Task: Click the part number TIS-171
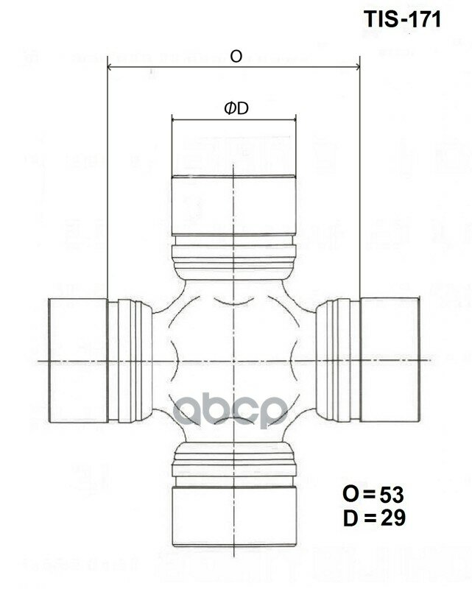403,20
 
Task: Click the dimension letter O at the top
236,57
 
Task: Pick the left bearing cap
78,361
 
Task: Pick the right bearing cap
390,361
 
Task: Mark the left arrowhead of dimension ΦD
174,119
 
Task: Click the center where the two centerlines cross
233,360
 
